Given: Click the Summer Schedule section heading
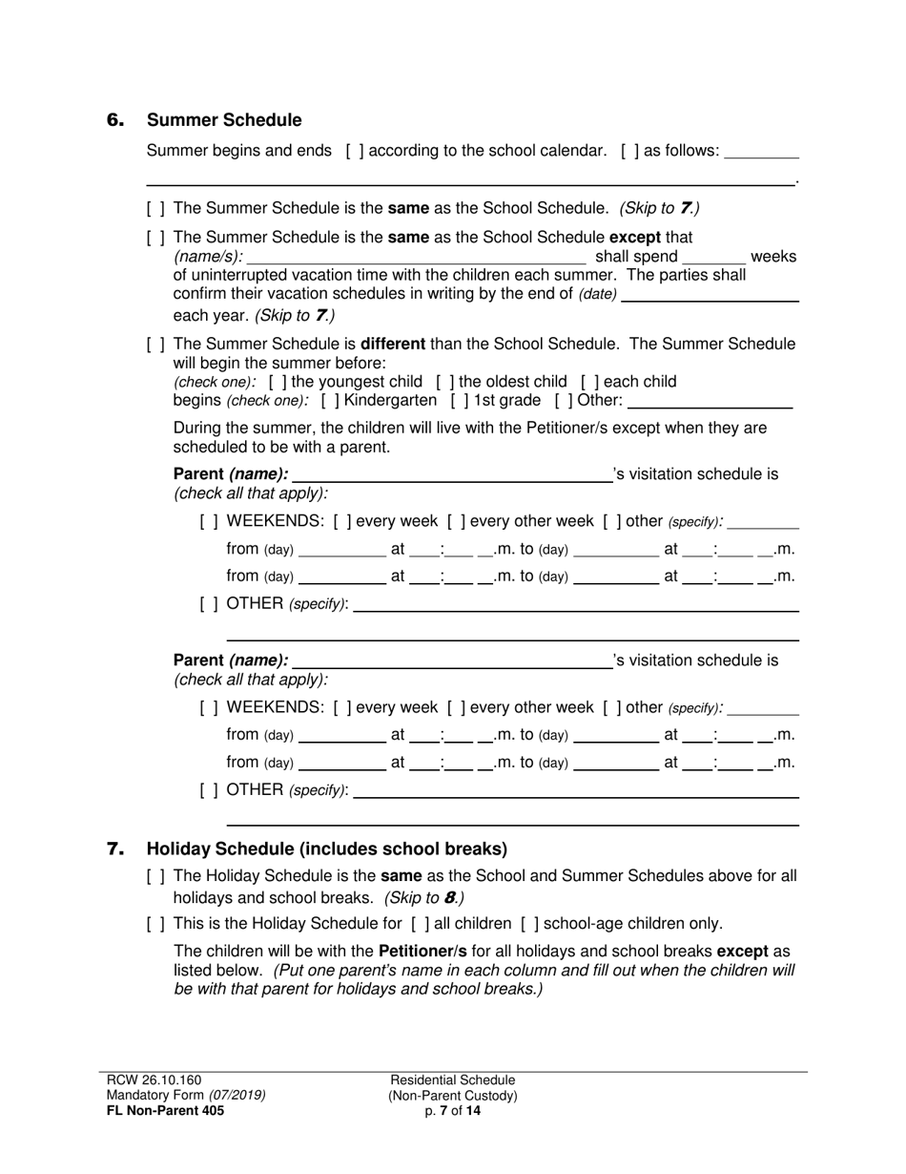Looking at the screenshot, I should pyautogui.click(x=224, y=120).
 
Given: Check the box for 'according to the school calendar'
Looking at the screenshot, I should pyautogui.click(x=355, y=151).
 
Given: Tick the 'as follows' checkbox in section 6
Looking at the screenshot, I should pyautogui.click(x=629, y=151).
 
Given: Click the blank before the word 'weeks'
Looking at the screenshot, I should pyautogui.click(x=714, y=258).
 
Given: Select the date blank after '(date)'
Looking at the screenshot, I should pyautogui.click(x=710, y=295).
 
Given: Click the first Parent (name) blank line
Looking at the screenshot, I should pyautogui.click(x=452, y=475).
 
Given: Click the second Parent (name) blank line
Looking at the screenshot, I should pyautogui.click(x=452, y=661).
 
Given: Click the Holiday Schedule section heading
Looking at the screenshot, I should pyautogui.click(x=327, y=849).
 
